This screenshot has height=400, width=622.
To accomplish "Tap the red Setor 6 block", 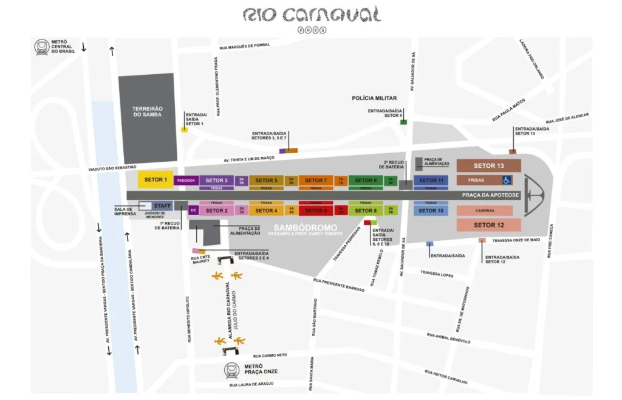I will point(315,210).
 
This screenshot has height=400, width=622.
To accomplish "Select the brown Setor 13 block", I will point(489,165).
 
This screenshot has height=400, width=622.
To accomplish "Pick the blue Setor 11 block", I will point(431,180).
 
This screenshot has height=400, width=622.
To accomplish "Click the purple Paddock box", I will point(186,181).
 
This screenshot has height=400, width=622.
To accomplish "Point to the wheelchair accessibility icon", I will point(506,180).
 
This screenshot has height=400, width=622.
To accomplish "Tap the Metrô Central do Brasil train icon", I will point(42,46).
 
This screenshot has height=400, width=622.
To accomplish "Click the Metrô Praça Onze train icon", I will point(232,370).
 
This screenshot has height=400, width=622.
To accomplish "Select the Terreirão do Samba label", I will point(147,111).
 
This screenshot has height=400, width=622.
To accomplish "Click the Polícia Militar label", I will point(374,98).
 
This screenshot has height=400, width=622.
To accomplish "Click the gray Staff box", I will point(162,206).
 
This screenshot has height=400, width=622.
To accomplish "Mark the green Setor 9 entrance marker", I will point(403,122).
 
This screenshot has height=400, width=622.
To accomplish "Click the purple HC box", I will point(194,210).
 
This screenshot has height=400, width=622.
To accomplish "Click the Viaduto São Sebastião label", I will point(112,167).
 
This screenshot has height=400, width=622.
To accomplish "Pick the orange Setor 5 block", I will point(266,180).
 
